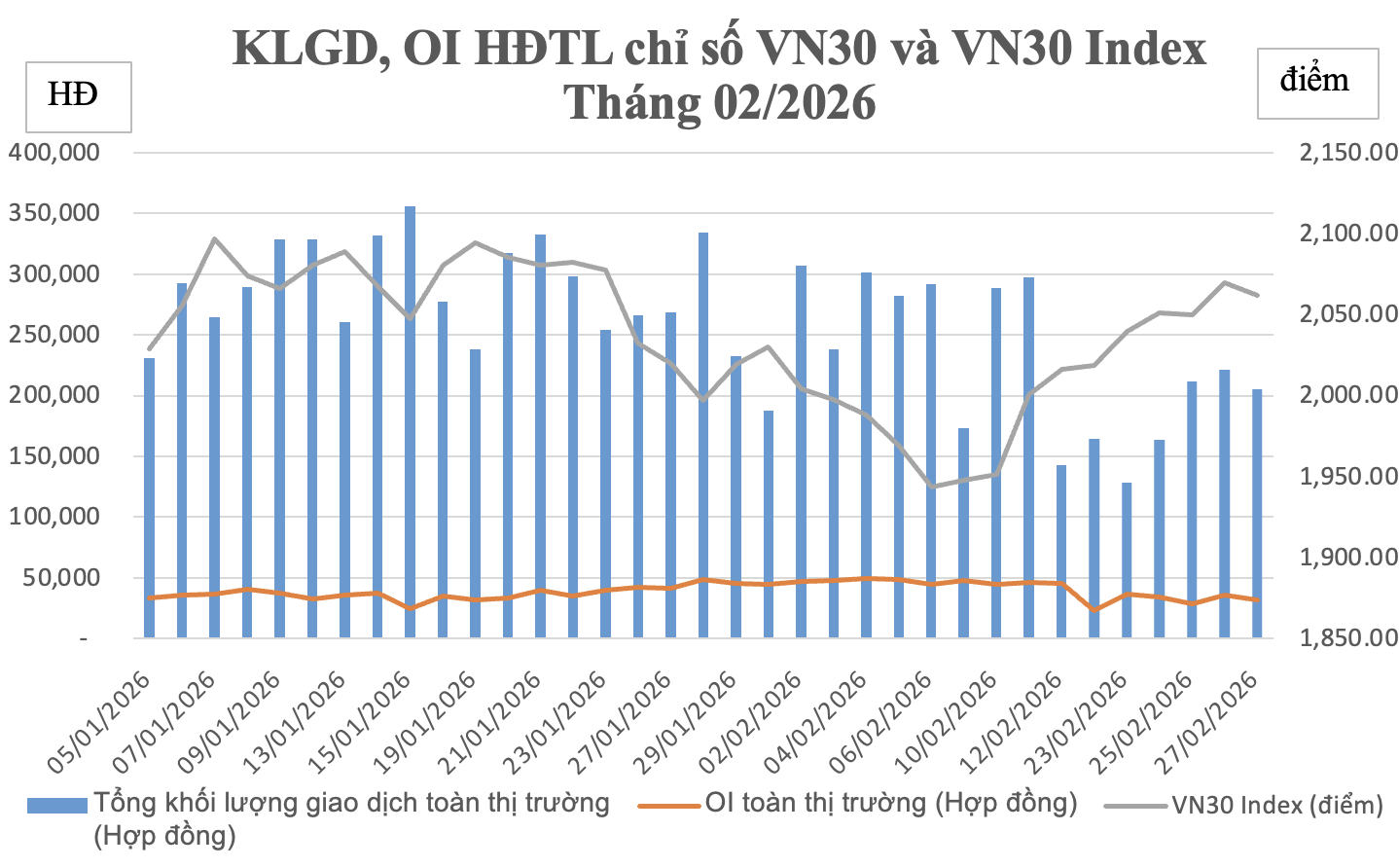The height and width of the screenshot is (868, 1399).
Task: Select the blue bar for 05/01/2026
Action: (150, 497)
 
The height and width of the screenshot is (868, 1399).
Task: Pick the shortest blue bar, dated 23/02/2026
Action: (1127, 560)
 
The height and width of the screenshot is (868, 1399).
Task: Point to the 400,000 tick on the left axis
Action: (54, 153)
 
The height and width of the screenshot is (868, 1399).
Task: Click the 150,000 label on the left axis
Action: (54, 456)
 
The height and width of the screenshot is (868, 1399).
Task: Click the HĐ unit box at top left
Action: (78, 95)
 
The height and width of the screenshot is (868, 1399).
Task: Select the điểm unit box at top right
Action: (1317, 82)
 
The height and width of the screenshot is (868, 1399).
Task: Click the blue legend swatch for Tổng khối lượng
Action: (57, 805)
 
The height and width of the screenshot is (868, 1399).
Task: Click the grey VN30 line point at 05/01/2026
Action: (150, 348)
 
